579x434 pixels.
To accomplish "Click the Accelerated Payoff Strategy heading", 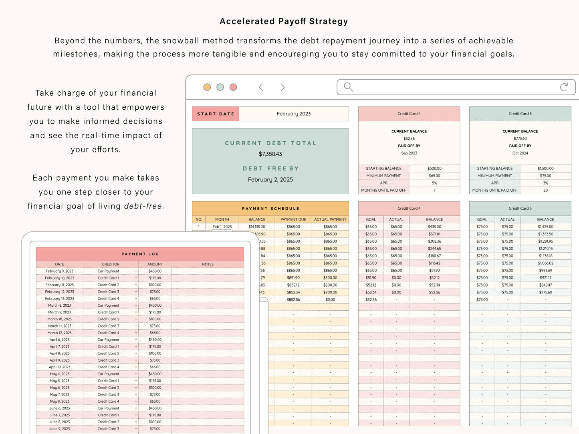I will pos(284,22).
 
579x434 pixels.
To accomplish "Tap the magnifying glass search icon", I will pos(348,87).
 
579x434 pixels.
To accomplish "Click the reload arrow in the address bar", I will pos(564,87).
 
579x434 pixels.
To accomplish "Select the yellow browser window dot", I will pos(207,87).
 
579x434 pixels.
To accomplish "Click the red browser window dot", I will pos(233,87).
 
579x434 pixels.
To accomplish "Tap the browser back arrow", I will pos(261,87).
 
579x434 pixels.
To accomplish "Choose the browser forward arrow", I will pos(283,87).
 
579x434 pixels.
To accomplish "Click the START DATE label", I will pos(216,114).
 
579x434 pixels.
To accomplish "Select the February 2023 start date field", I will pos(294,114).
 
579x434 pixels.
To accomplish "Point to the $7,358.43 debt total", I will pos(270,154).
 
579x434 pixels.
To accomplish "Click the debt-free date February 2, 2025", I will pos(270,180).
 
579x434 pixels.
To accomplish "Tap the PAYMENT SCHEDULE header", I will pos(270,209).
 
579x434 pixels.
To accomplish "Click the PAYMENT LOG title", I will pos(140,254).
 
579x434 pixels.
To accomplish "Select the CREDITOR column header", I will pos(111,264).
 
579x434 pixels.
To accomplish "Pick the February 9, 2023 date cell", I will pos(60,271).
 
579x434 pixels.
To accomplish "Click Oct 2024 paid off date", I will pos(520,153).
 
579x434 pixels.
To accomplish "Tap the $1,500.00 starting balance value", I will pos(545,169).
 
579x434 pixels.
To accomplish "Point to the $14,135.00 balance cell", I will pos(257,227).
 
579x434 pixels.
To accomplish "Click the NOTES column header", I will pos(208,264).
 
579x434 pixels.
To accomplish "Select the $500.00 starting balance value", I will pos(434,169).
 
